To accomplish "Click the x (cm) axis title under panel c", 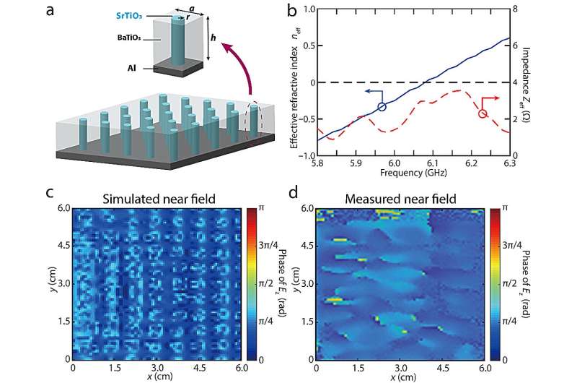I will [x=155, y=377].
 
